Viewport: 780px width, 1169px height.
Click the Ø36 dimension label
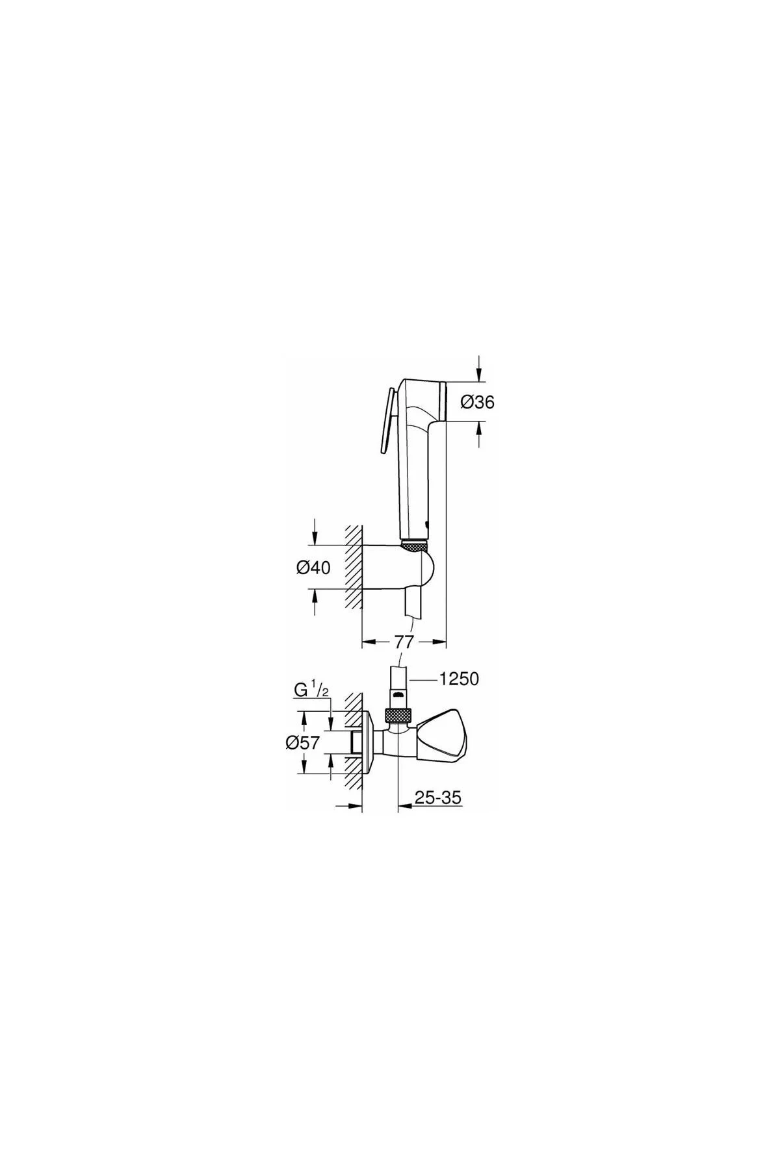pyautogui.click(x=477, y=403)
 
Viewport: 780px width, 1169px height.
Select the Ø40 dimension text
pyautogui.click(x=313, y=567)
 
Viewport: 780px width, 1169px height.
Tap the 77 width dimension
pyautogui.click(x=404, y=642)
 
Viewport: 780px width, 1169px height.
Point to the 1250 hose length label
pyautogui.click(x=459, y=679)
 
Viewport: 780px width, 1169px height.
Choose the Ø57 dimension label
pyautogui.click(x=303, y=742)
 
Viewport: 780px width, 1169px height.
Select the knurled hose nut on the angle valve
pyautogui.click(x=398, y=716)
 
